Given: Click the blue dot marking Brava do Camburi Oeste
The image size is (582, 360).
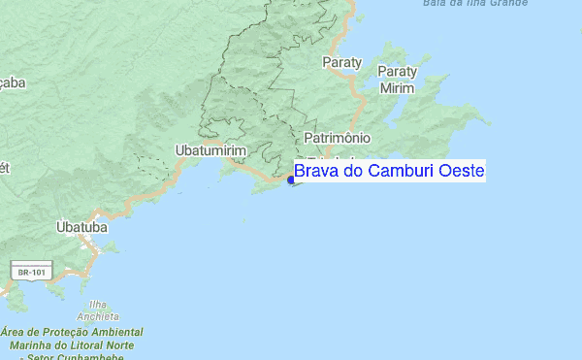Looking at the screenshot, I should click(291, 180).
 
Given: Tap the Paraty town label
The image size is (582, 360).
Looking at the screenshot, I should click(340, 62).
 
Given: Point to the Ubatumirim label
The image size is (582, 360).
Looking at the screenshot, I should click(210, 150).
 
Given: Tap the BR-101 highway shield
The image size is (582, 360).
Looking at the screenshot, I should click(26, 273).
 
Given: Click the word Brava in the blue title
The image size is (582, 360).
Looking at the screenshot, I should click(313, 172).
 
